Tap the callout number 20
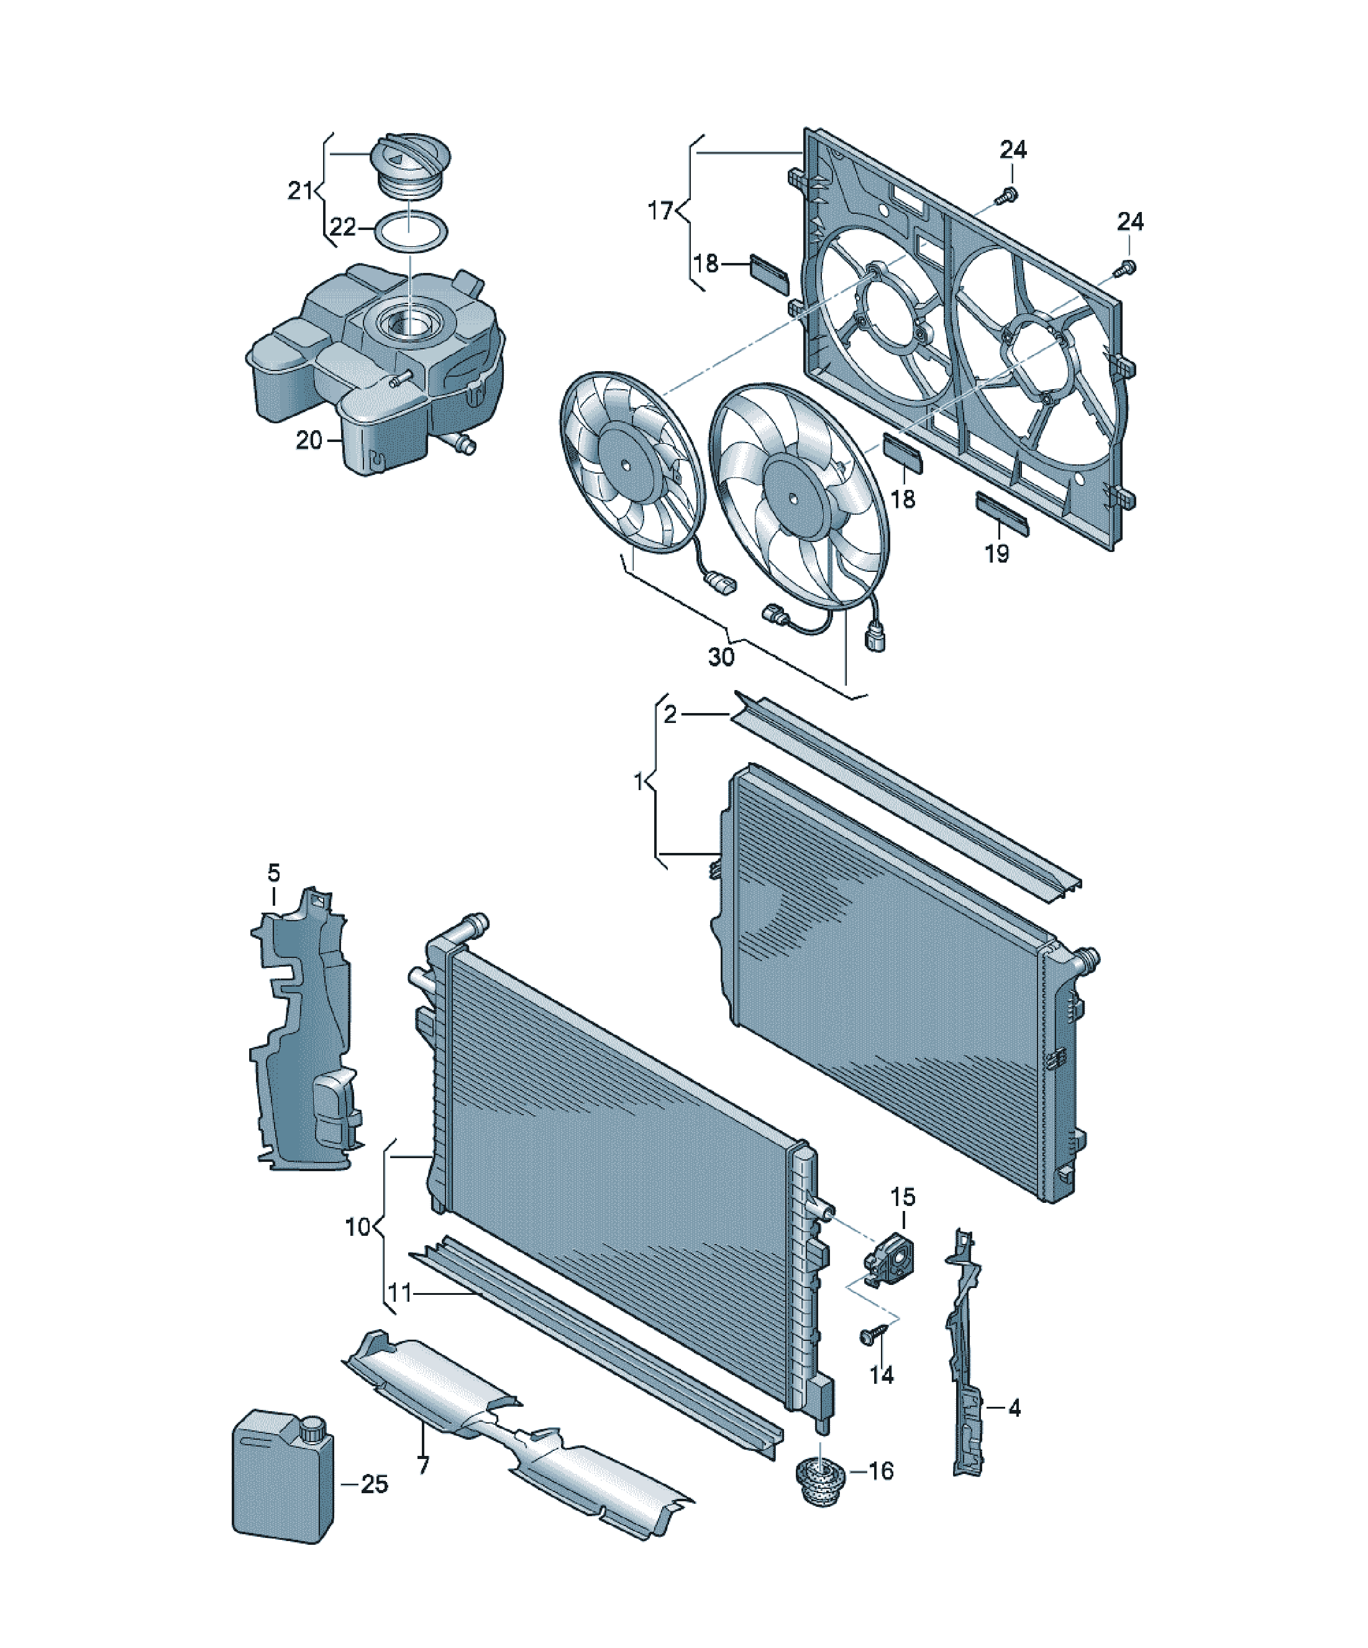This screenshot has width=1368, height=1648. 309,440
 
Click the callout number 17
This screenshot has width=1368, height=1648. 661,211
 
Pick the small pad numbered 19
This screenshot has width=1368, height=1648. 1001,513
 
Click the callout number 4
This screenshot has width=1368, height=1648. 1015,1409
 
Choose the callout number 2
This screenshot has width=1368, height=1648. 670,715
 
